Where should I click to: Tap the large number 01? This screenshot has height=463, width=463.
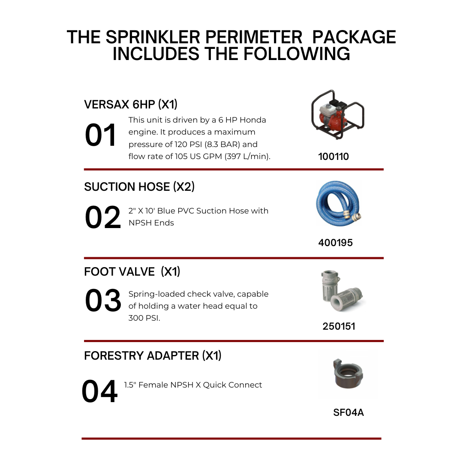click(101, 135)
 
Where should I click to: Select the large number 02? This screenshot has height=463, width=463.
click(103, 218)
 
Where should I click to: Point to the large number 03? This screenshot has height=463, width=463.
click(103, 301)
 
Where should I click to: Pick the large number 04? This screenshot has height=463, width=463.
click(99, 392)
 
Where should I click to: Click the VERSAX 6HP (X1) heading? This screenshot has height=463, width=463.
click(131, 104)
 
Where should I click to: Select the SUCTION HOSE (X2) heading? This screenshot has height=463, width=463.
click(139, 187)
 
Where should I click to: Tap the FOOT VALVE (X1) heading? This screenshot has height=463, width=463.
click(132, 272)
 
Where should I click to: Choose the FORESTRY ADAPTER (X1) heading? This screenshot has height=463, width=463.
click(153, 356)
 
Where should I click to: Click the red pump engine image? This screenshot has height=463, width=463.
click(337, 115)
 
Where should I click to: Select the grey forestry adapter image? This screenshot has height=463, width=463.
click(348, 374)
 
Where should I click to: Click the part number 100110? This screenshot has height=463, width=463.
click(334, 156)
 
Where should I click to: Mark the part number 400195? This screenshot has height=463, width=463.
click(335, 243)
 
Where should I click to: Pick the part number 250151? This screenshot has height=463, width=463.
click(339, 326)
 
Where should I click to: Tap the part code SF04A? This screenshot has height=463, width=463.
click(348, 413)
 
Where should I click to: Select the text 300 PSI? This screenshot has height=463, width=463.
click(144, 318)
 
